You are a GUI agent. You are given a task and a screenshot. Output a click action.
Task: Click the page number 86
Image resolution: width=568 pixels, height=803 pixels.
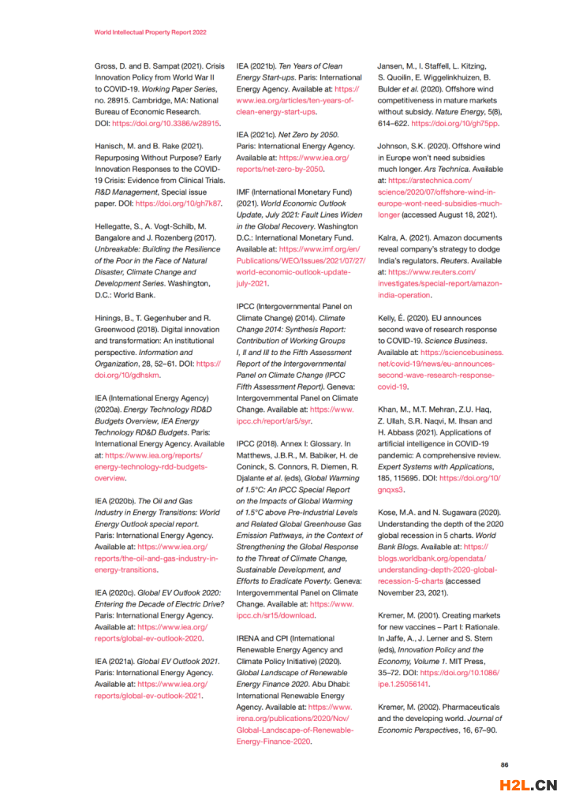505,764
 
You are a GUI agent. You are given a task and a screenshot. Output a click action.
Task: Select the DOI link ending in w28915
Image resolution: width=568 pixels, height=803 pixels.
166,123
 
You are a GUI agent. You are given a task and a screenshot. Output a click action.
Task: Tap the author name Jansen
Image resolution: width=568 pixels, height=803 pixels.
394,65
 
